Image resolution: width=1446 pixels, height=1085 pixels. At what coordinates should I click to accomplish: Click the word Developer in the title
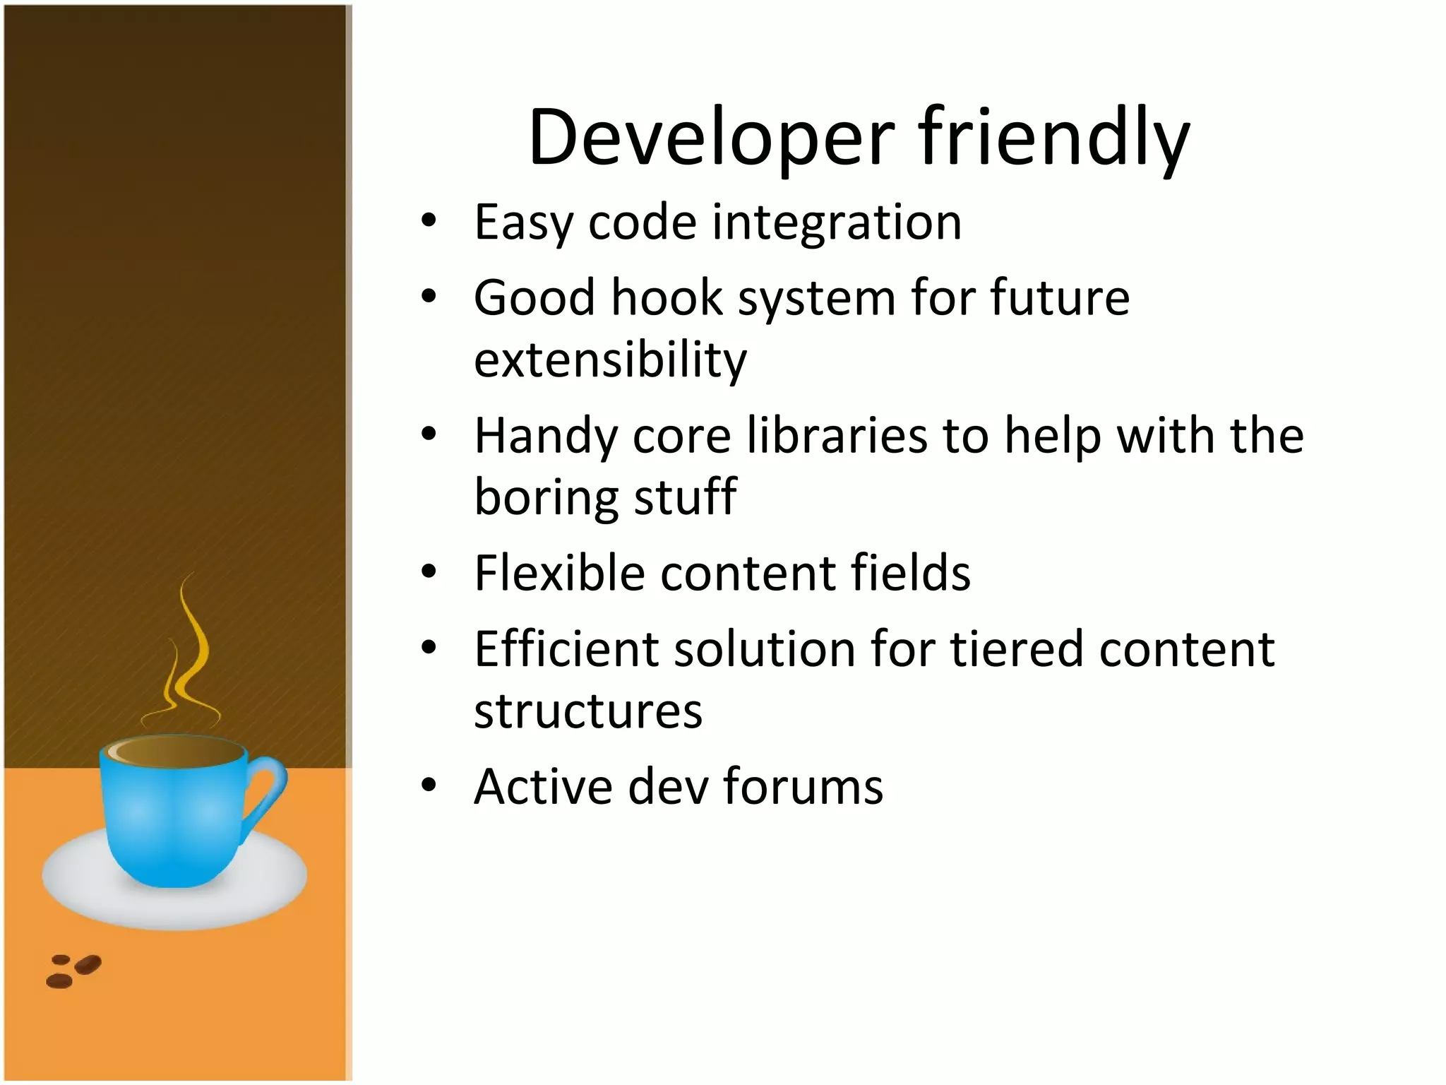pyautogui.click(x=711, y=138)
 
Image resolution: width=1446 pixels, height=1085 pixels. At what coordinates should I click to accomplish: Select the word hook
pyautogui.click(x=667, y=297)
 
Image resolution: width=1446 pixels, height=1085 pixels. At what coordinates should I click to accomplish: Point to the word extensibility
pyautogui.click(x=610, y=360)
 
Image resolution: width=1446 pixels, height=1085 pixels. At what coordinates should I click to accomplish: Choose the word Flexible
pyautogui.click(x=559, y=573)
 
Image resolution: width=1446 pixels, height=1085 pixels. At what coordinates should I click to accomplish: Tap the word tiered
pyautogui.click(x=1016, y=649)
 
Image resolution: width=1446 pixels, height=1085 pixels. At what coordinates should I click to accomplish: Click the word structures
pyautogui.click(x=588, y=711)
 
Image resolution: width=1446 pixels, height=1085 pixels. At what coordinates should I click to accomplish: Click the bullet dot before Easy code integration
pyautogui.click(x=429, y=221)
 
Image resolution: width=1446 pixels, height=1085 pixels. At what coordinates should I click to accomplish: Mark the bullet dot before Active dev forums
pyautogui.click(x=429, y=785)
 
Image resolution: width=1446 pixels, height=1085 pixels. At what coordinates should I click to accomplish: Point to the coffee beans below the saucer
pyautogui.click(x=73, y=971)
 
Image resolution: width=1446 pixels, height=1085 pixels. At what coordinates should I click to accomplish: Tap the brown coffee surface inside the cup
pyautogui.click(x=180, y=752)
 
